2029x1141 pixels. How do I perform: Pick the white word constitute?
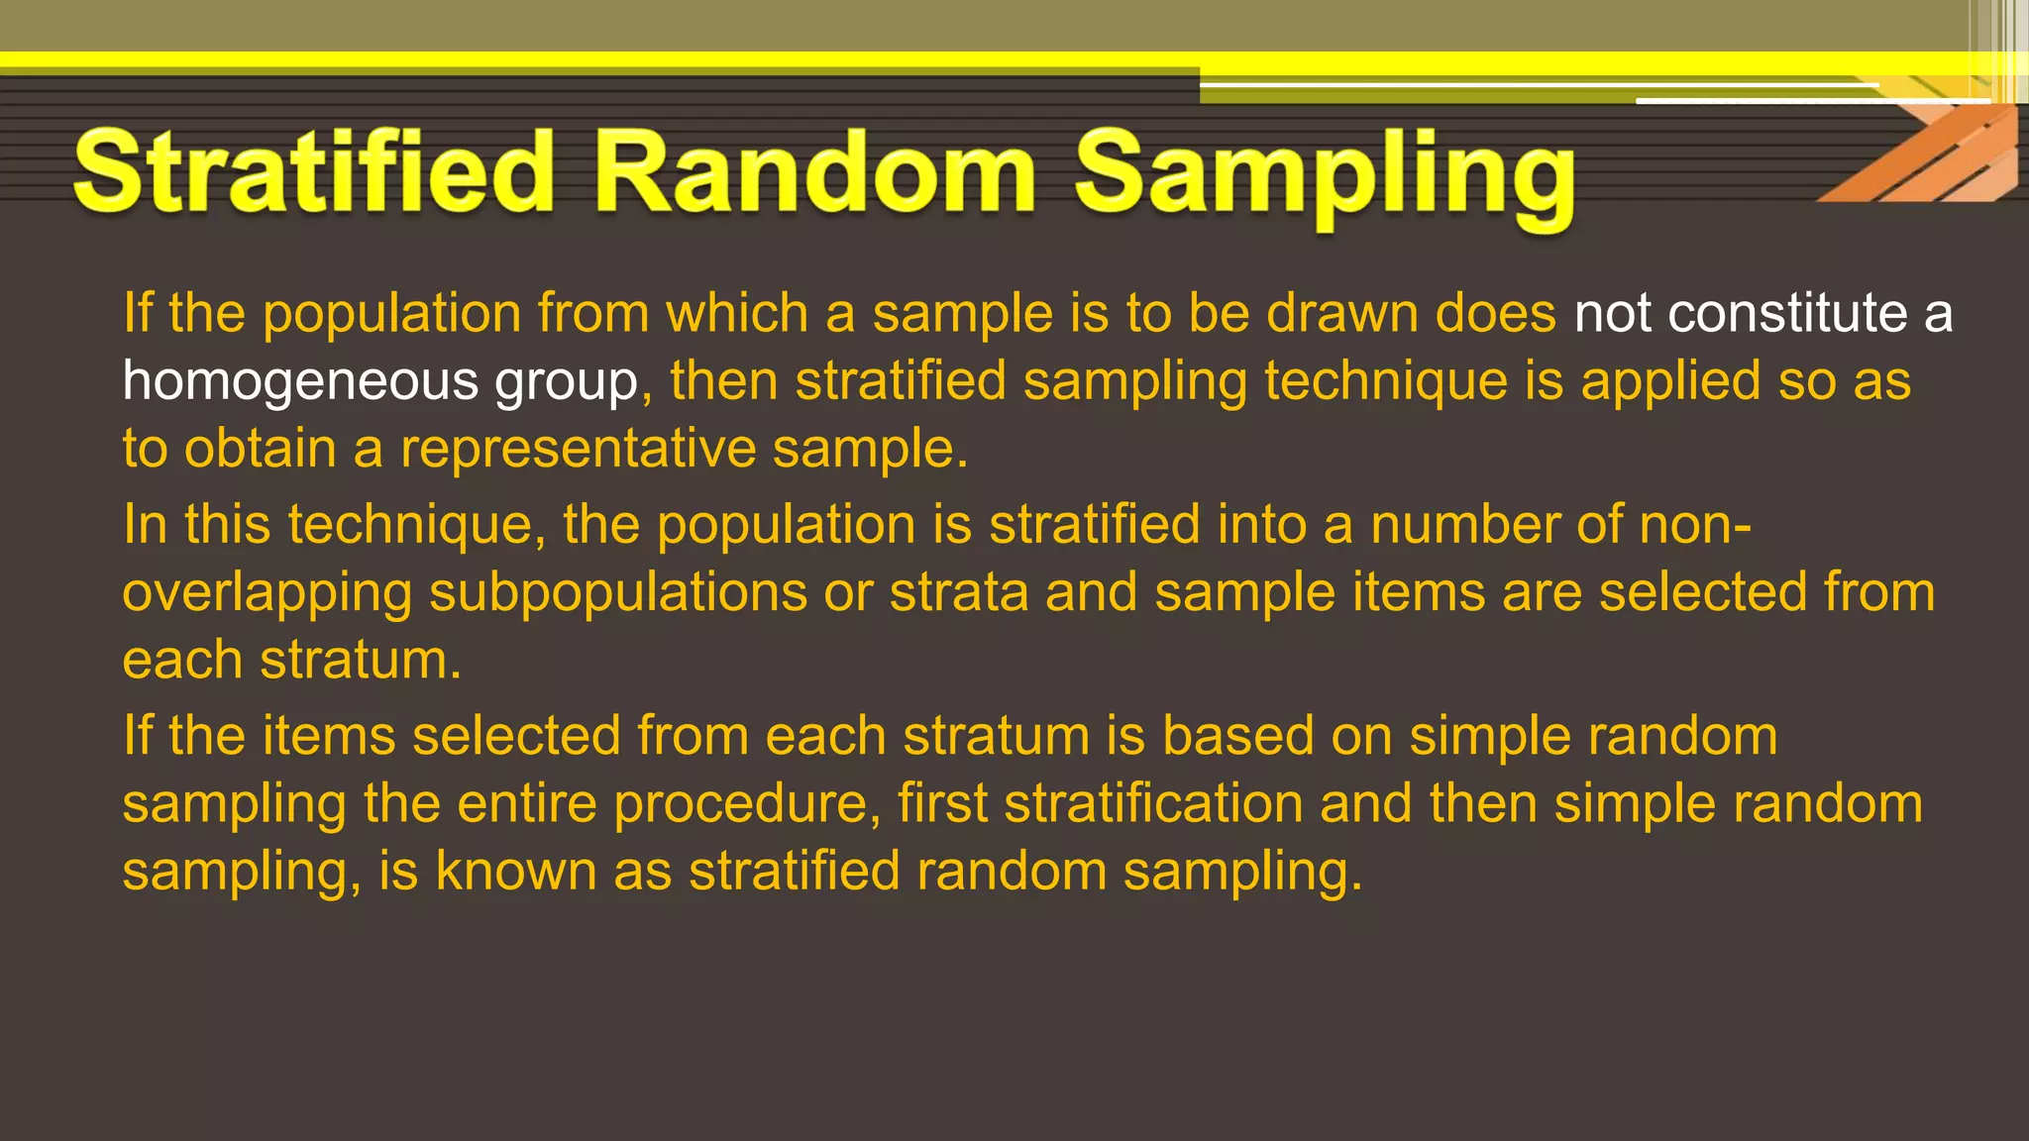click(x=1787, y=314)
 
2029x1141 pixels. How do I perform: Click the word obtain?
click(x=261, y=449)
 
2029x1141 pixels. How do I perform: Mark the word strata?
click(x=958, y=593)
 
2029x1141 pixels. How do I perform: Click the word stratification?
click(x=1153, y=804)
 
